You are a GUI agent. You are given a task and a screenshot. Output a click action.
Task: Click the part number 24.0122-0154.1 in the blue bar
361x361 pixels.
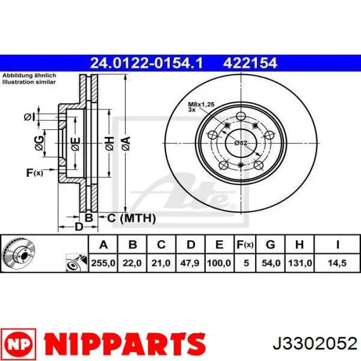tap(146, 63)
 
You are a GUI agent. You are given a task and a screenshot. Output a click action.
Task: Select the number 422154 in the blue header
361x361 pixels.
tap(251, 63)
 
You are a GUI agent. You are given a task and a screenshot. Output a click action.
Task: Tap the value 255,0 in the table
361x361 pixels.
tap(103, 263)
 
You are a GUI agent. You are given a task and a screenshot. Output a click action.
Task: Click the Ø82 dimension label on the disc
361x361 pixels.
tap(241, 142)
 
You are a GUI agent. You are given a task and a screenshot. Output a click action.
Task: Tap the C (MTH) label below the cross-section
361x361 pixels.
tap(131, 219)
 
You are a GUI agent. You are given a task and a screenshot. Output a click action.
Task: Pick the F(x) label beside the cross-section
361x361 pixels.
tap(34, 173)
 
